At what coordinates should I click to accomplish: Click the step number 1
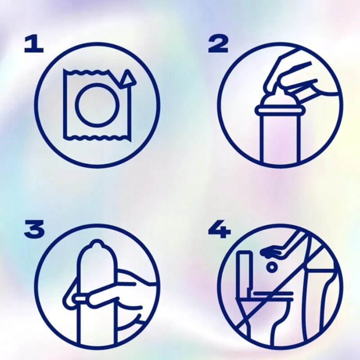(34, 44)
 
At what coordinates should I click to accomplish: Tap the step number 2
(218, 44)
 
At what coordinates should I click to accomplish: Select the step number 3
(34, 229)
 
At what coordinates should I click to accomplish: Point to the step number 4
(219, 229)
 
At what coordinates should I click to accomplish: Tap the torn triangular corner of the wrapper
(127, 79)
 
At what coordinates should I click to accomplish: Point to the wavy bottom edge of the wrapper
(96, 138)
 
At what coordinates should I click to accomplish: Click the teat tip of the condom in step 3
(97, 243)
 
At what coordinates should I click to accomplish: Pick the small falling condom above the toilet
(272, 267)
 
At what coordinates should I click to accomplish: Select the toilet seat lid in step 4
(273, 294)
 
